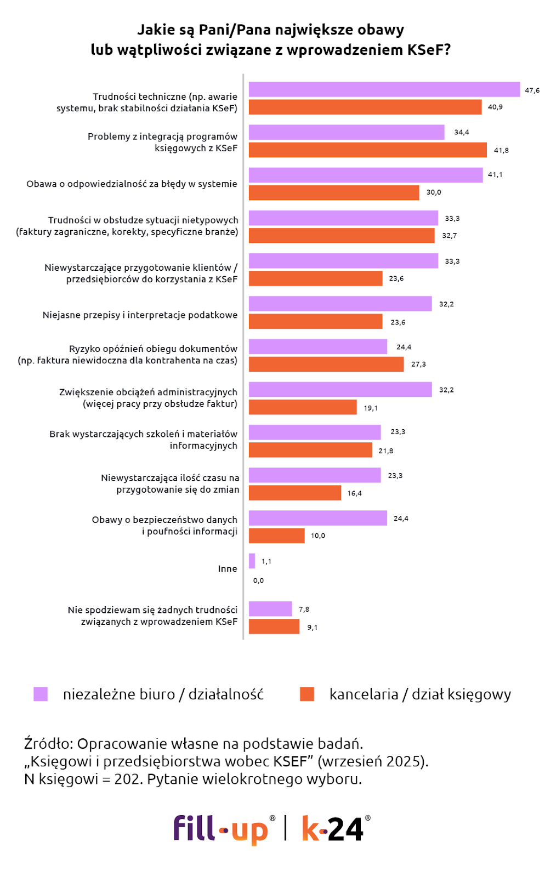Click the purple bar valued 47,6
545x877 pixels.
coord(384,89)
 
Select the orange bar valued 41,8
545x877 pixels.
coord(367,150)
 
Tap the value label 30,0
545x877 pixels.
coord(434,192)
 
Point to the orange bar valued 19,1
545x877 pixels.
coord(303,407)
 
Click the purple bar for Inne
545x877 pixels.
coord(252,561)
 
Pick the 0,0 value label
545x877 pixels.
coord(258,580)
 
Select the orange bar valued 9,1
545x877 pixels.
coord(274,627)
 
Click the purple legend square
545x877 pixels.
coord(41,694)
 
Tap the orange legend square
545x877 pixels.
coord(307,694)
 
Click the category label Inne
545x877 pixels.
coord(228,569)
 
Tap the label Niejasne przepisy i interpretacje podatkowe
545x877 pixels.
coord(140,315)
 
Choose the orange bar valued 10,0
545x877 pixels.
coord(276,536)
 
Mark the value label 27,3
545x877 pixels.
coord(418,364)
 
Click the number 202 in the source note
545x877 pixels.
coord(126,779)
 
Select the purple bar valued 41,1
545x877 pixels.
coord(365,175)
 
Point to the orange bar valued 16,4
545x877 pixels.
coord(295,493)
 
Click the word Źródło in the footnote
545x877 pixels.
coord(48,744)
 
